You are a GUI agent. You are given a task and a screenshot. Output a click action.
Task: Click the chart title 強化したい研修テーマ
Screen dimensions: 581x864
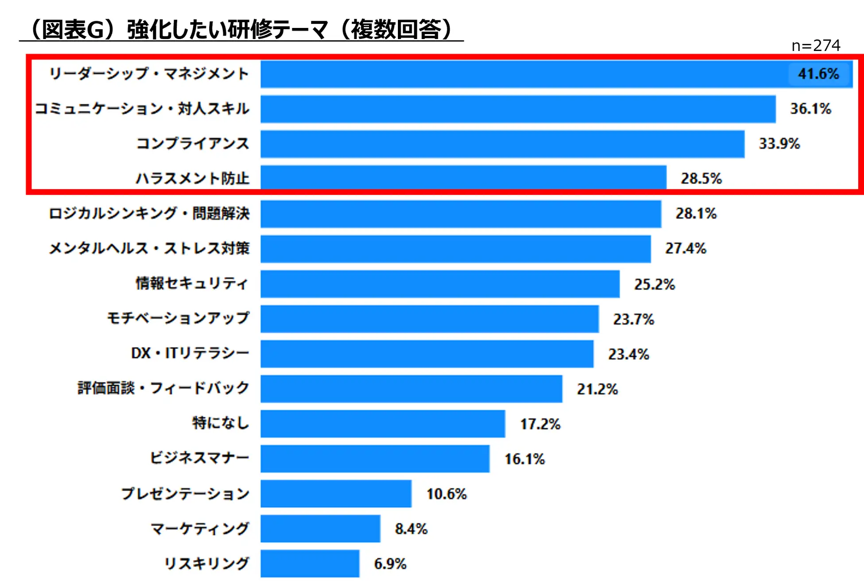click(241, 30)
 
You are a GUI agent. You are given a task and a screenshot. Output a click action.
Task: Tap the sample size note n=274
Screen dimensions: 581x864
click(816, 45)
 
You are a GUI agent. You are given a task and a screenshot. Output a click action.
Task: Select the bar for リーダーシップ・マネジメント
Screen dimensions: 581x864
click(523, 74)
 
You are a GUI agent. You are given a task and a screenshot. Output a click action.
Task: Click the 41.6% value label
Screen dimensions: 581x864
click(818, 74)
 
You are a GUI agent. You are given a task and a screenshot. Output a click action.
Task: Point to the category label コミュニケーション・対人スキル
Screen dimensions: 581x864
click(142, 109)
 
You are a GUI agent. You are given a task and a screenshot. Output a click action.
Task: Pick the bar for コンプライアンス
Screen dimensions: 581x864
click(502, 144)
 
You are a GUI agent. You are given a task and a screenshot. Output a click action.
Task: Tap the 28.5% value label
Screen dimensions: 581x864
click(701, 178)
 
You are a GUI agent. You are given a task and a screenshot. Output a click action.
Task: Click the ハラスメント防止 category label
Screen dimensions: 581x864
click(192, 178)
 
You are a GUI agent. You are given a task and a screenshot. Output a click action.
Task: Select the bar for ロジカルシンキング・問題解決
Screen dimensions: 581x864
click(461, 214)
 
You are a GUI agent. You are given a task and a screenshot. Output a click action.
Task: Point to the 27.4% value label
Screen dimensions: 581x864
click(685, 248)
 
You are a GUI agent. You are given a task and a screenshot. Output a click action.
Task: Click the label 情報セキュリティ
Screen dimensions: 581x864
click(191, 283)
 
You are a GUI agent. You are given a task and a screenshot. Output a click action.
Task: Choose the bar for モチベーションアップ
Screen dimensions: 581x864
click(429, 319)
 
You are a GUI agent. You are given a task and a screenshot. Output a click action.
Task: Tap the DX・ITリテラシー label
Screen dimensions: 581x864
click(190, 353)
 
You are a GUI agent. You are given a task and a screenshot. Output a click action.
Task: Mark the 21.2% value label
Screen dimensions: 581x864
click(597, 389)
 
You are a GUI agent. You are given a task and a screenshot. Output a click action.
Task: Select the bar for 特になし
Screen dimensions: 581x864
click(382, 424)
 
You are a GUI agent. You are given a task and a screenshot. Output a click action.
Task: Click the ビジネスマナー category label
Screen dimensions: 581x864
click(199, 458)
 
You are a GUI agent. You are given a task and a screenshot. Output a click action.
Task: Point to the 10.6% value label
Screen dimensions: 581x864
click(446, 494)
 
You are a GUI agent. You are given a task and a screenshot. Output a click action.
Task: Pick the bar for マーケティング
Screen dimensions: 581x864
click(320, 528)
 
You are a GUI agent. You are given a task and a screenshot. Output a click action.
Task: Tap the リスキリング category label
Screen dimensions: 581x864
click(206, 563)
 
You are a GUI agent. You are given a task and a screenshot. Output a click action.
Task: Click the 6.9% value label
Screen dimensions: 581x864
click(390, 563)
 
